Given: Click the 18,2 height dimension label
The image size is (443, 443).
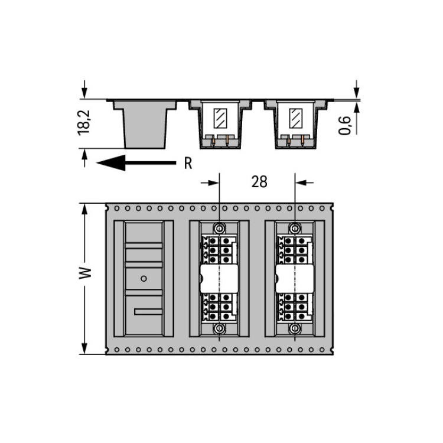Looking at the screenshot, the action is pos(84,123).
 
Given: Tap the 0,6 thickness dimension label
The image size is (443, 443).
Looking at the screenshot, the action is pos(345,125).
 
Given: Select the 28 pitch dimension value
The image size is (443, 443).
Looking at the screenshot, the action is pos(259,182).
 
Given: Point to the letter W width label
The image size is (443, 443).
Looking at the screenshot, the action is pos(85,273).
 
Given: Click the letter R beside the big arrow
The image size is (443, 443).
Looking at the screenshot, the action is pos(188,163).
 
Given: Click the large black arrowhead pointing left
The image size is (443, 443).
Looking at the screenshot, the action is pos(111,163).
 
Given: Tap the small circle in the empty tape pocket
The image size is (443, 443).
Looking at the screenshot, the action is pos(144,279).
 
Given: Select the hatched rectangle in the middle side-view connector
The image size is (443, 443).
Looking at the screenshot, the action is pos(220,118).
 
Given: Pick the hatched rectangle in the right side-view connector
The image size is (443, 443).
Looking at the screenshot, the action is pos(296,118).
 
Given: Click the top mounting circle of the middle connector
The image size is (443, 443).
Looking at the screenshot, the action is pos(219,228).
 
